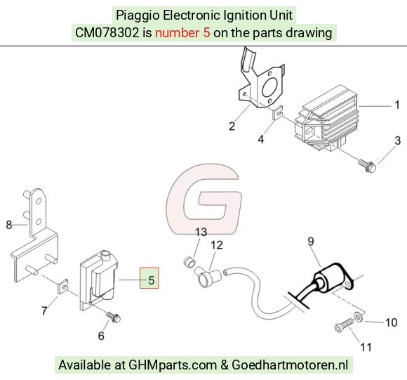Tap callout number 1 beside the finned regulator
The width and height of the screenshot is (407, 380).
coord(397,105)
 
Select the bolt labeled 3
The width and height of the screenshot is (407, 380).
coord(367,166)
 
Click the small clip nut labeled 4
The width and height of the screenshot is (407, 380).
coord(278,113)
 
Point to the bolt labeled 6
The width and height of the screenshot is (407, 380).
coord(114,317)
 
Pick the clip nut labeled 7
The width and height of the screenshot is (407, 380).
coord(63,287)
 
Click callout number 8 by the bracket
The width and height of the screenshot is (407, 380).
coord(9,225)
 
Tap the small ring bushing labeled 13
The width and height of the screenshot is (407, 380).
coord(189,262)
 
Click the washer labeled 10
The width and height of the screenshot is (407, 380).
coord(359,317)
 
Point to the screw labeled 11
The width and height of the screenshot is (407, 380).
coord(344,326)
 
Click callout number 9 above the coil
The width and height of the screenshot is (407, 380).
coord(310,242)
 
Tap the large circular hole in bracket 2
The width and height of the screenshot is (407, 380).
coord(270,89)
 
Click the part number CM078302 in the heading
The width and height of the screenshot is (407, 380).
coord(107,33)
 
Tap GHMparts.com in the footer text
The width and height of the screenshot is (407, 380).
coord(173,365)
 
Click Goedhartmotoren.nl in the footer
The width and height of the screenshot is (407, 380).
coord(290,365)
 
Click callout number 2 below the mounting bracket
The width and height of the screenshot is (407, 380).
coord(232,126)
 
